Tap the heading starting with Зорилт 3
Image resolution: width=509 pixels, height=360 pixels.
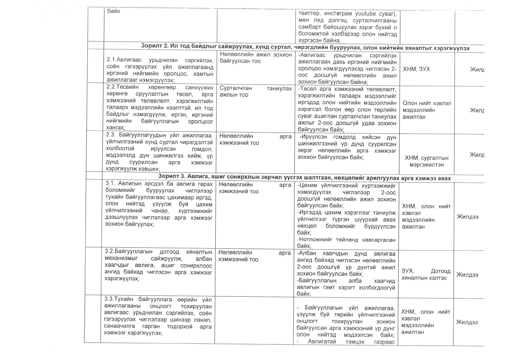[304, 178]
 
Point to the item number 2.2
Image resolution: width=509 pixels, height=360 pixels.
[111, 87]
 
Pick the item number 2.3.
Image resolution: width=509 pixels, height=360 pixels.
[111, 135]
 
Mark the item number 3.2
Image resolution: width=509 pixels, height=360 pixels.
[109, 252]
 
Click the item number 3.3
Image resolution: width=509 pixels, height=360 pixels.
[109, 299]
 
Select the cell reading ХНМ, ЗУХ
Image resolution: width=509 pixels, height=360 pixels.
[416, 69]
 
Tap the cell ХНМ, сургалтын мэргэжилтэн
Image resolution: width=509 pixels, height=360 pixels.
[426, 161]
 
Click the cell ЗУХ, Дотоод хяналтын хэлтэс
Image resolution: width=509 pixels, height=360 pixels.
[426, 274]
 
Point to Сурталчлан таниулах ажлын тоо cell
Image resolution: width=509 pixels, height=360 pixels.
[256, 91]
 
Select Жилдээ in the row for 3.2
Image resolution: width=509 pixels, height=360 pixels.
[467, 275]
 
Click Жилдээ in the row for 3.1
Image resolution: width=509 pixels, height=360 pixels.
[468, 217]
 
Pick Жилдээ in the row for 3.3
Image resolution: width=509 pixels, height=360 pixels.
[467, 322]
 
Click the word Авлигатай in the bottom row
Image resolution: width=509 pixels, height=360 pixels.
[322, 341]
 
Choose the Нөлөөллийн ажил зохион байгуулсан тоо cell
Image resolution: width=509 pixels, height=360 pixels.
[256, 58]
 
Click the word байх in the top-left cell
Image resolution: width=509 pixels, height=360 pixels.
[113, 11]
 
